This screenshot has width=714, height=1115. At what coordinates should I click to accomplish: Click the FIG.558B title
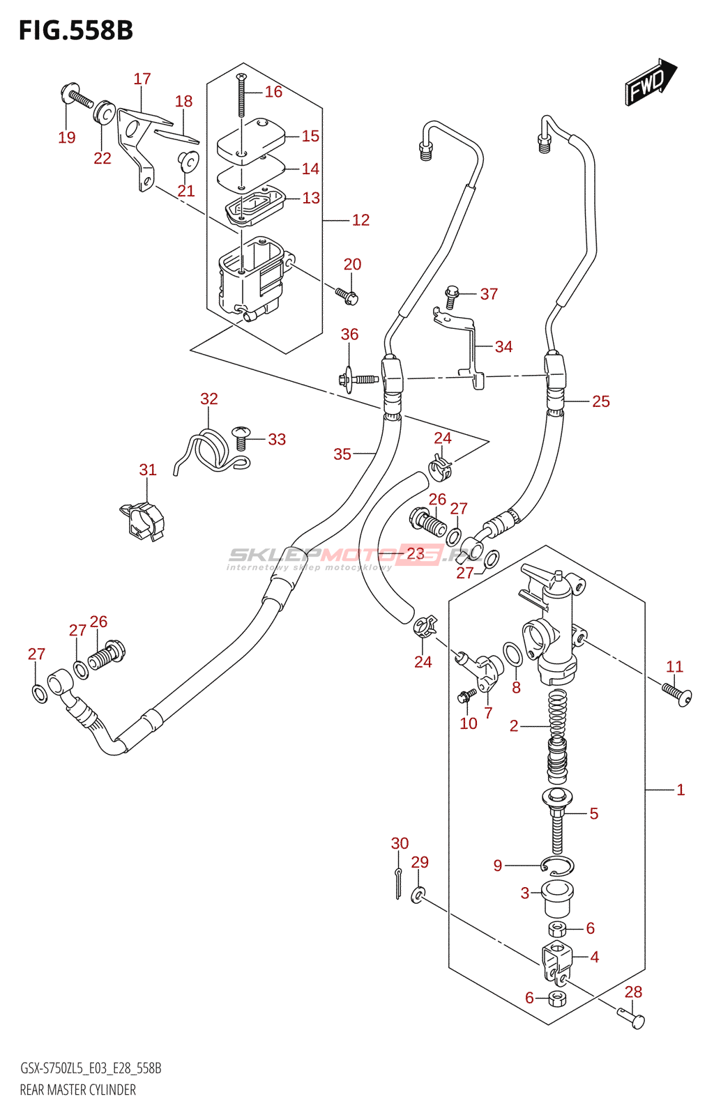point(75,31)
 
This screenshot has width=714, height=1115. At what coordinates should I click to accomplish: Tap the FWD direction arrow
point(651,82)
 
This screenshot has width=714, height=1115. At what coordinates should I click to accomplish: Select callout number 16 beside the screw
point(273,92)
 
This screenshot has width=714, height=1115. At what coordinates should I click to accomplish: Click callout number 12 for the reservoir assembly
point(360,220)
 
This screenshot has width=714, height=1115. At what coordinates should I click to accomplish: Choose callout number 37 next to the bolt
point(489,294)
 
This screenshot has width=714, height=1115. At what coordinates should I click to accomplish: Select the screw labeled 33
point(241,437)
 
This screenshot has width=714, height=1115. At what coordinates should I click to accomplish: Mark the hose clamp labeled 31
point(144,522)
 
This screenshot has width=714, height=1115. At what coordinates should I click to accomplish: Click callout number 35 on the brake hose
point(342,454)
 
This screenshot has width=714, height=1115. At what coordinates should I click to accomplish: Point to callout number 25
point(600,401)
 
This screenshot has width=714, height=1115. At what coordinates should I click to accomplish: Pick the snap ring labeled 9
point(557,866)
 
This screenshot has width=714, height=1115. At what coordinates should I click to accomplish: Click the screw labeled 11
point(676,694)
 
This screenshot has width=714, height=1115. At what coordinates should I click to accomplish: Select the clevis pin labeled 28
point(632,1019)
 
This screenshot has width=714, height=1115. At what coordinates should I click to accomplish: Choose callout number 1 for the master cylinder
point(681,790)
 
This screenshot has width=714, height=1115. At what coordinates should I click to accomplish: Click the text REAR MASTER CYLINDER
point(78,1090)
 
